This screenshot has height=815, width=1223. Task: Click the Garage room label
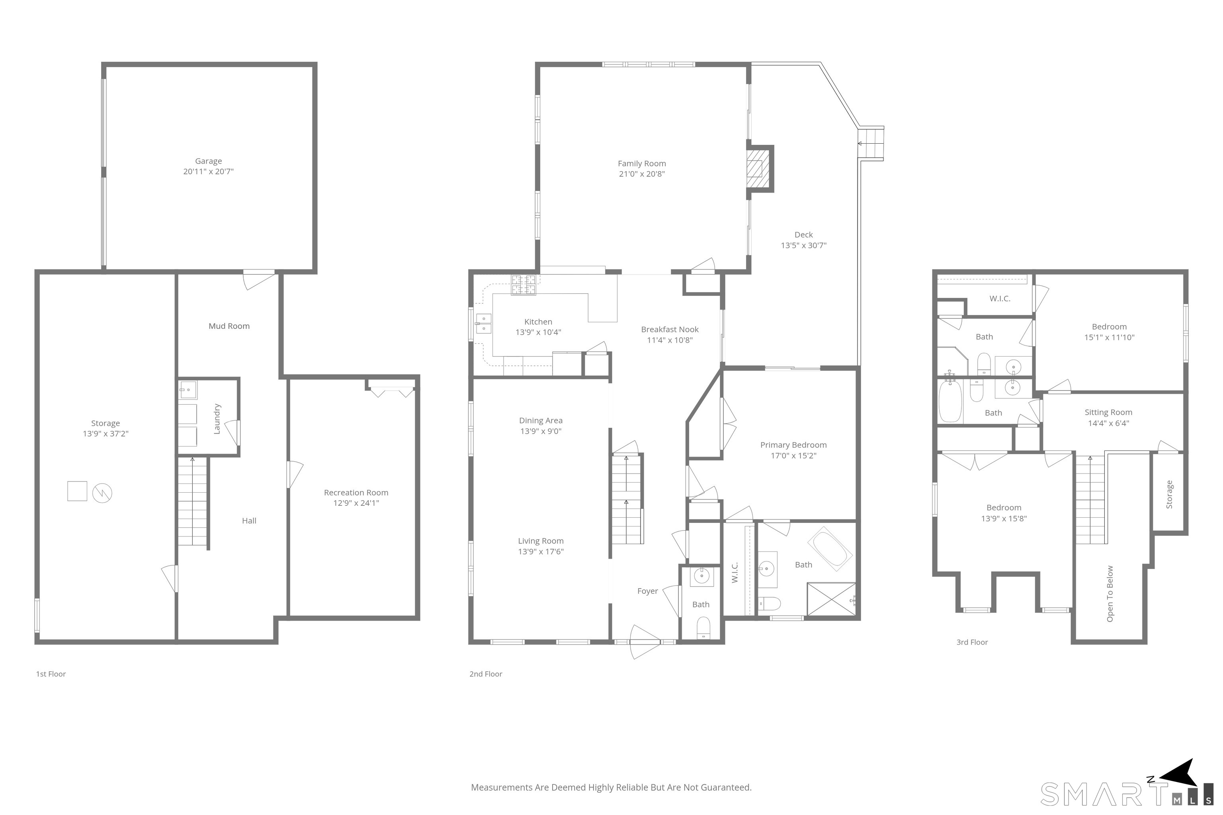(209, 161)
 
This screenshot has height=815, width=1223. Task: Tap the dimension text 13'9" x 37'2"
(105, 433)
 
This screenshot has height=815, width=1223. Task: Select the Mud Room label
(229, 326)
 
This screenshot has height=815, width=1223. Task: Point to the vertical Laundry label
(217, 419)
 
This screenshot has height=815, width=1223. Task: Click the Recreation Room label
(356, 492)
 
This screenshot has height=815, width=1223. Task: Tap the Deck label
(803, 234)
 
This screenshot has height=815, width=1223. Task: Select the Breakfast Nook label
(670, 330)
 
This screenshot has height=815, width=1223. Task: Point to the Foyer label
(647, 591)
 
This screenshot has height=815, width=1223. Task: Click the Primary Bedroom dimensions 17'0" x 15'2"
(793, 456)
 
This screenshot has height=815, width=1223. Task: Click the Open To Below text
(1110, 594)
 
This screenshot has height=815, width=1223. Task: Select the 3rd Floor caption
(972, 642)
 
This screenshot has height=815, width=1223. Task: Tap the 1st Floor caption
(51, 674)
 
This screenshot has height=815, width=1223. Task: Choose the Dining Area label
(541, 421)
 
